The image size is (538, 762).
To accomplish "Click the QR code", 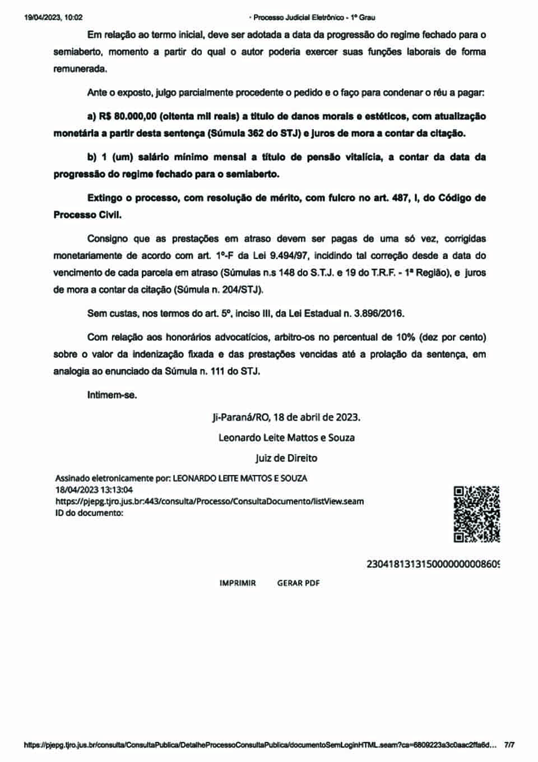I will (476, 514).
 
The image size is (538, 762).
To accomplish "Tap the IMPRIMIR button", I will (238, 583).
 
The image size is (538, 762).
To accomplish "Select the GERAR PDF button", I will (298, 583).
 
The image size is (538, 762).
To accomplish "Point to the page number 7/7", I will (509, 745).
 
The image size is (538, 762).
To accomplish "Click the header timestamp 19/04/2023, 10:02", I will (53, 17).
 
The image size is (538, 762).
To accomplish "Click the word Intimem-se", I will (112, 395).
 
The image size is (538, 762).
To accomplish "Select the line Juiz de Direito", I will (286, 458).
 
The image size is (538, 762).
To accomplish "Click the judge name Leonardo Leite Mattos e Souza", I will (286, 437).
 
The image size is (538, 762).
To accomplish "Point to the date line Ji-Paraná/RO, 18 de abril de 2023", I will (286, 417).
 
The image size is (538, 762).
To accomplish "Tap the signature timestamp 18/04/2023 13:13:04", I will (94, 489).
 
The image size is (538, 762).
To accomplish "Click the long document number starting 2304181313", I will (433, 564).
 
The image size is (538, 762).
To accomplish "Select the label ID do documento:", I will (89, 512).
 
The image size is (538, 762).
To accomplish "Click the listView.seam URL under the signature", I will (210, 501).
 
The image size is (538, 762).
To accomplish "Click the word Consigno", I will (107, 239).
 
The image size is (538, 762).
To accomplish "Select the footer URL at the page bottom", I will (260, 745).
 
